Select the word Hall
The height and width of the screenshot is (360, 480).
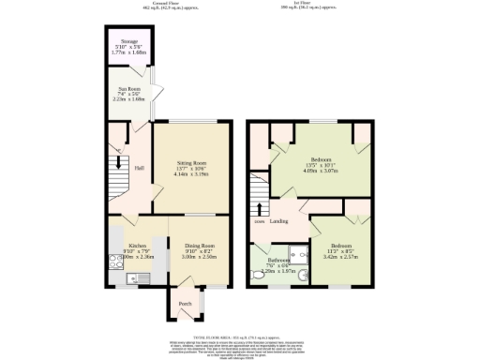pyautogui.click(x=139, y=168)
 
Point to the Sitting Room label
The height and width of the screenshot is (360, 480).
pyautogui.click(x=190, y=160)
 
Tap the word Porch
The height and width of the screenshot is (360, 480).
pyautogui.click(x=185, y=303)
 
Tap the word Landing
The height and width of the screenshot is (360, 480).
pyautogui.click(x=278, y=221)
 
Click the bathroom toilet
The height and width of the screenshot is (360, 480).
pyautogui.click(x=260, y=276)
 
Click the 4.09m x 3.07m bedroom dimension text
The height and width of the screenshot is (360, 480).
pyautogui.click(x=319, y=172)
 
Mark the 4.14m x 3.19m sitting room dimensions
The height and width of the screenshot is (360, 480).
pyautogui.click(x=190, y=172)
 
